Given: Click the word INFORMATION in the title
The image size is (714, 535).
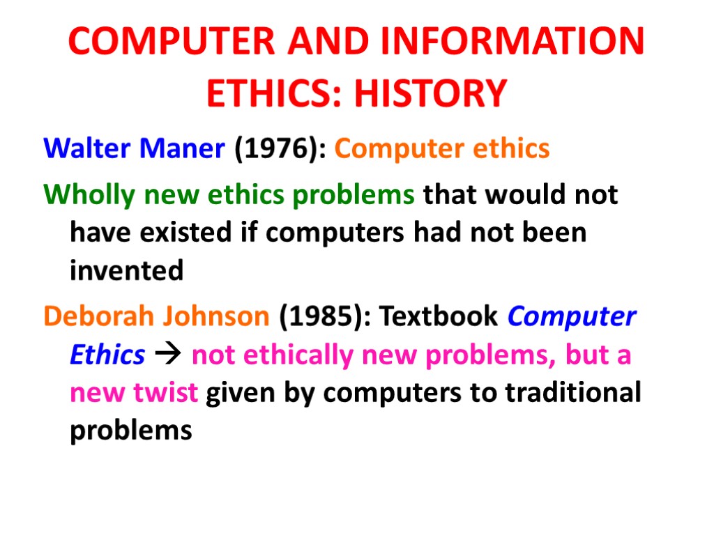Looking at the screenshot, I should [x=515, y=42].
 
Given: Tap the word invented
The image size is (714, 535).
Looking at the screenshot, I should [x=126, y=270].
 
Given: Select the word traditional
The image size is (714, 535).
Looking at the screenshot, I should [x=572, y=394].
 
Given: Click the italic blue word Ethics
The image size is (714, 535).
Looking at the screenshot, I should [x=107, y=355].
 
